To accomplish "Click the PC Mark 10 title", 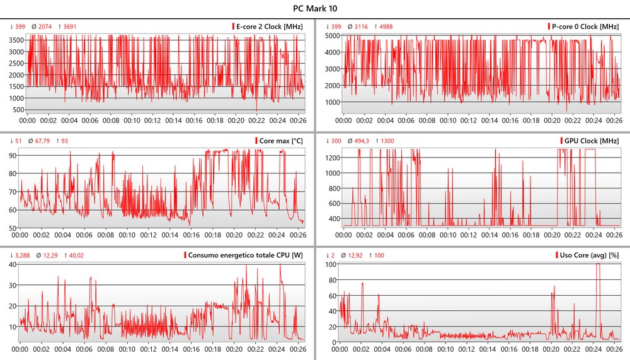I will click(314, 9).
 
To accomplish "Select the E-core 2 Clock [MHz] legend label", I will click(270, 26).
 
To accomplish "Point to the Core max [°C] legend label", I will click(281, 141).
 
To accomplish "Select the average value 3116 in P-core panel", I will click(361, 26).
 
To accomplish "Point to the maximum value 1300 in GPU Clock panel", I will click(387, 141).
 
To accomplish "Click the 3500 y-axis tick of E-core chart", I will click(16, 39).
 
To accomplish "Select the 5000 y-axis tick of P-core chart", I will click(330, 35).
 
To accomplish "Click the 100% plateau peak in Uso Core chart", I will click(597, 265).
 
